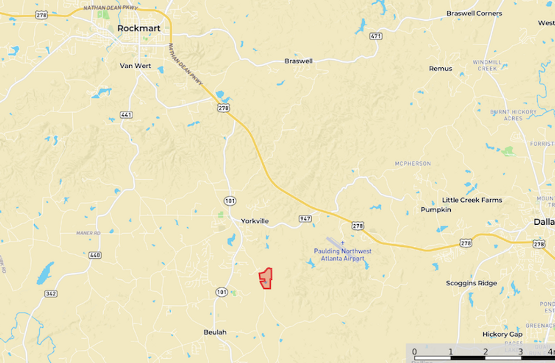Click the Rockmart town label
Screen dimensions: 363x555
(x=139, y=28)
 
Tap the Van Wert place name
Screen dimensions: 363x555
(x=135, y=66)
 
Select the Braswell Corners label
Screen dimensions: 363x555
(x=474, y=14)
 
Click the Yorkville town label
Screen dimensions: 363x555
(x=254, y=221)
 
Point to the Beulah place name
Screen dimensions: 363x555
(x=215, y=332)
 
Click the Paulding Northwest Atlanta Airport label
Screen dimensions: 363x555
(x=342, y=255)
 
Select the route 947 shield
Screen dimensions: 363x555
(x=305, y=219)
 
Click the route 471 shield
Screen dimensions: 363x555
(x=376, y=36)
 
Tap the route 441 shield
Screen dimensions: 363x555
(x=126, y=115)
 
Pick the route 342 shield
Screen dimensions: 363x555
(x=51, y=294)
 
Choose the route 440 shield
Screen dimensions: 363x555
(x=95, y=255)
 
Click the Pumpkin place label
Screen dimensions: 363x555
(x=436, y=210)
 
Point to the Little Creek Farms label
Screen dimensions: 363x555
(x=472, y=200)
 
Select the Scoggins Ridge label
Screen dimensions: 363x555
(x=471, y=283)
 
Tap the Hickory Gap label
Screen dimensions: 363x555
(x=502, y=334)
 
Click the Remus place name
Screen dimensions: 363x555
(x=440, y=69)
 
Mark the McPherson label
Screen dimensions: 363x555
(x=412, y=164)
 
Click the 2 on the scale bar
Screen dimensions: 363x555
(x=485, y=352)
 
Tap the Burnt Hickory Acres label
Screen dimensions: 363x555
(x=513, y=115)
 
